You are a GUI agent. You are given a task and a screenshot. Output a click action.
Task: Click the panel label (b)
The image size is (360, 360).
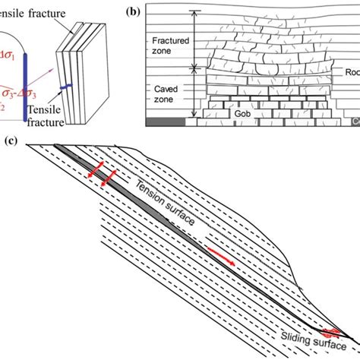pos(133,11)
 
